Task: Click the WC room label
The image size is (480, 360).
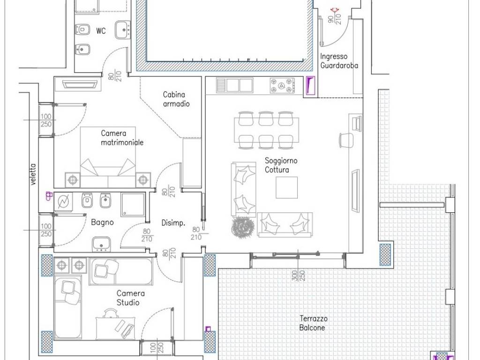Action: coord(101,31)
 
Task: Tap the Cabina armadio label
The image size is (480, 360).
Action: coord(176,99)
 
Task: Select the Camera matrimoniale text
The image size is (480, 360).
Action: coord(122,138)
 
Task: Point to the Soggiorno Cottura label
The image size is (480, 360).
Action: coord(281,165)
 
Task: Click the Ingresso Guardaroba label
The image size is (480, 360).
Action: coord(339,60)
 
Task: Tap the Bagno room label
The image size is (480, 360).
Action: coord(102,222)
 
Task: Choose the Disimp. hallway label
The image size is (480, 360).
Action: coord(173,223)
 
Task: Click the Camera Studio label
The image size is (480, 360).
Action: coord(130,298)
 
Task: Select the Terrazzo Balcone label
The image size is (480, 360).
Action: coord(313,323)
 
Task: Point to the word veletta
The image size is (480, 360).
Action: coord(33,174)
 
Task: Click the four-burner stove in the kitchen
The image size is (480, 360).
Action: coord(282,85)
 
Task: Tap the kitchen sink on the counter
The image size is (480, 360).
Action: coord(235,85)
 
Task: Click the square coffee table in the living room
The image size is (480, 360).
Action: coord(286,187)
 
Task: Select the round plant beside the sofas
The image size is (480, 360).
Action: coord(243,227)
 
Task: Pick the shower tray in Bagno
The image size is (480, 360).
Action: coord(133,204)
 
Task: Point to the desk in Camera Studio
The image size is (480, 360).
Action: coord(115,328)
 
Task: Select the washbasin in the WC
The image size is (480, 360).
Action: coord(123,30)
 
